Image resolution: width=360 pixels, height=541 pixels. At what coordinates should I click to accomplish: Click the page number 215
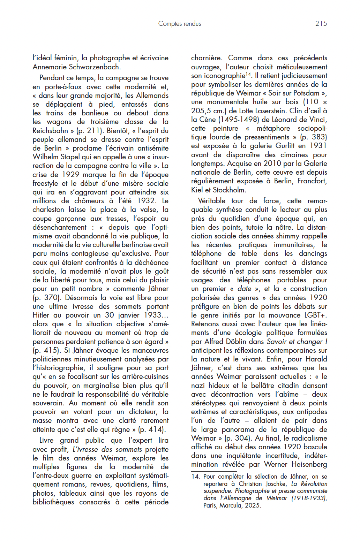coord(321,23)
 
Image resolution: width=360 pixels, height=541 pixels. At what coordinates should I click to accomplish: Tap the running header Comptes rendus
coord(179,23)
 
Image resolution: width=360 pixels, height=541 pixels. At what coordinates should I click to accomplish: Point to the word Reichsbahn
coord(50,131)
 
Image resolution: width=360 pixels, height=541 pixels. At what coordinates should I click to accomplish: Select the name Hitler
coord(41,315)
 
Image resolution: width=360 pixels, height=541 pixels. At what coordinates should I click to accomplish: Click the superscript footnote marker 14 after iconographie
coord(248,74)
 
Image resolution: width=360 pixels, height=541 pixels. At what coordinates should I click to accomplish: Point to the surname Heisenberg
coord(309,464)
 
